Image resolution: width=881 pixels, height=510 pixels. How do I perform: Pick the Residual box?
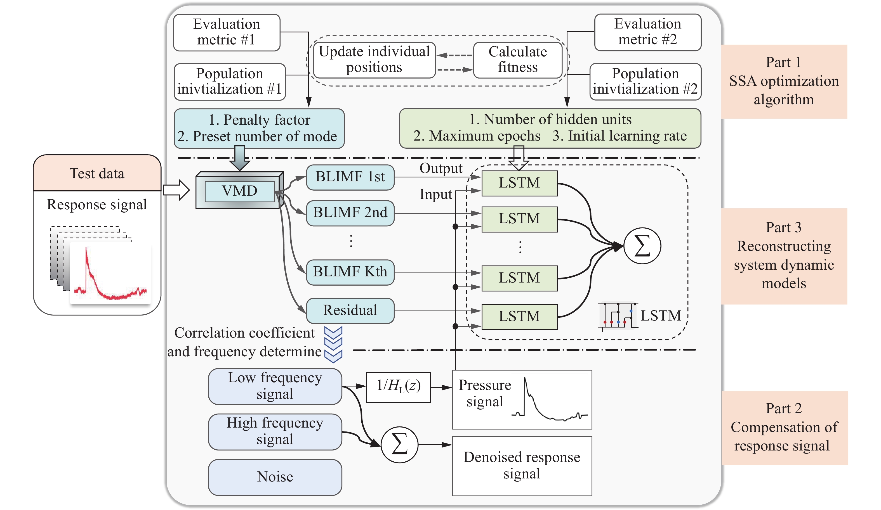click(x=350, y=310)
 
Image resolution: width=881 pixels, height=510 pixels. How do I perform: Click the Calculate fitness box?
click(x=518, y=60)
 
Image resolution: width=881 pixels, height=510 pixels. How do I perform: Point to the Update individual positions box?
click(x=374, y=60)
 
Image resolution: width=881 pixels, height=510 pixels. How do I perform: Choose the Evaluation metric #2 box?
click(x=647, y=32)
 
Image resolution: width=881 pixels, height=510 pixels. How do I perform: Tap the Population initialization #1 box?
click(x=230, y=82)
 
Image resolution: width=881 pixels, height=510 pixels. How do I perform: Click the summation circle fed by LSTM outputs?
click(x=642, y=246)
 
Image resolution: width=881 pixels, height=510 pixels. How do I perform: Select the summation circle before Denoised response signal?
click(x=399, y=445)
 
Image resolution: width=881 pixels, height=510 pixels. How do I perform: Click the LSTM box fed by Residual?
click(x=520, y=316)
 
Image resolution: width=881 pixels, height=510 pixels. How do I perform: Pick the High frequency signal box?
click(x=275, y=432)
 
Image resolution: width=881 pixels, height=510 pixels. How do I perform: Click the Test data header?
click(x=97, y=174)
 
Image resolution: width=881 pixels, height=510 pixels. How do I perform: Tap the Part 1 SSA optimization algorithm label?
click(x=784, y=81)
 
